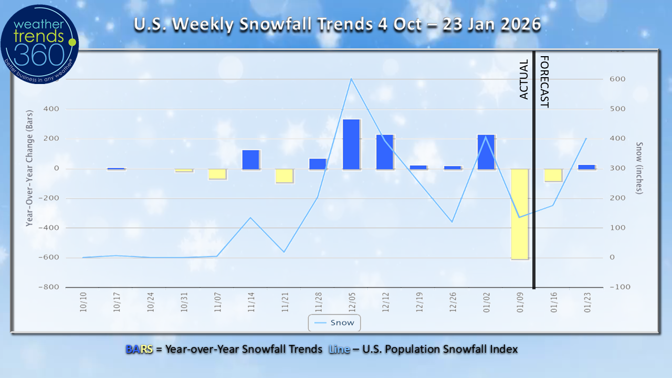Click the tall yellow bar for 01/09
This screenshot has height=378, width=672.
pyautogui.click(x=520, y=214)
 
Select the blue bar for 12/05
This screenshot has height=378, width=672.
pyautogui.click(x=351, y=144)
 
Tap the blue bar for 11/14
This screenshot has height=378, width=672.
pyautogui.click(x=250, y=160)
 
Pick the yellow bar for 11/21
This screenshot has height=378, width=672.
pyautogui.click(x=284, y=176)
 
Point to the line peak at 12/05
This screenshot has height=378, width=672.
pyautogui.click(x=351, y=79)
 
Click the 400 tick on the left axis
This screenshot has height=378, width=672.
pyautogui.click(x=55, y=109)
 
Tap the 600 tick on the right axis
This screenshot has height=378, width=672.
pyautogui.click(x=616, y=79)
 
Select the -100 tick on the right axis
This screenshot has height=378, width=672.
pyautogui.click(x=618, y=287)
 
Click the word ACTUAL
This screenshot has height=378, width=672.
pyautogui.click(x=523, y=79)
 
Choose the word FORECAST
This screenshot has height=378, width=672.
pyautogui.click(x=544, y=81)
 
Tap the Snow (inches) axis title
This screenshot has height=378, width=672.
pyautogui.click(x=639, y=168)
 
